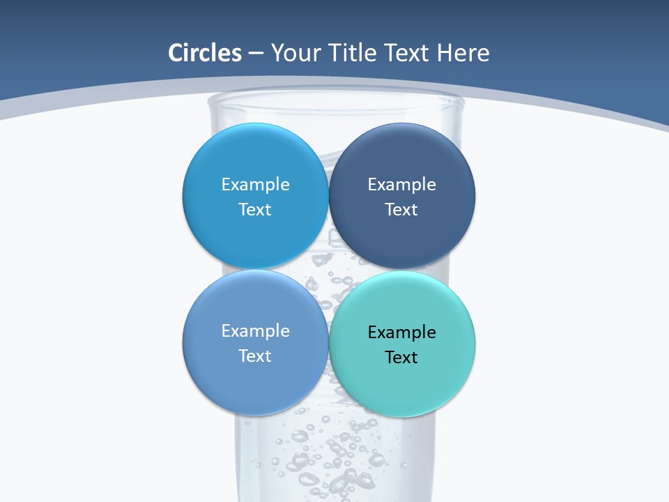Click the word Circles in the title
pos(204,53)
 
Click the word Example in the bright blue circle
pos(255,184)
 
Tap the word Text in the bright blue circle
pos(255,209)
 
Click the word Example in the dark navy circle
pos(401,184)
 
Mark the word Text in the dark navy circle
pos(401,209)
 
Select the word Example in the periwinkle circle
pos(255,330)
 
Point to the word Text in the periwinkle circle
pos(255,356)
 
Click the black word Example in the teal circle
pos(401,332)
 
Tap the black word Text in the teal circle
pos(401,357)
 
